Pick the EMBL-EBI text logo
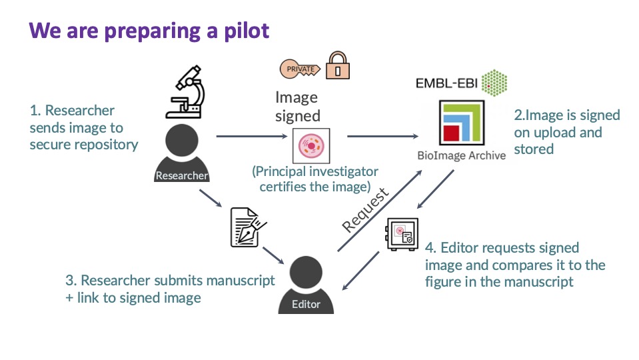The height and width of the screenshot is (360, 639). click(444, 84)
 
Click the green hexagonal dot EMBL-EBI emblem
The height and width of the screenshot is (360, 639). click(493, 81)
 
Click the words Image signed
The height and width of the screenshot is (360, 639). click(297, 107)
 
